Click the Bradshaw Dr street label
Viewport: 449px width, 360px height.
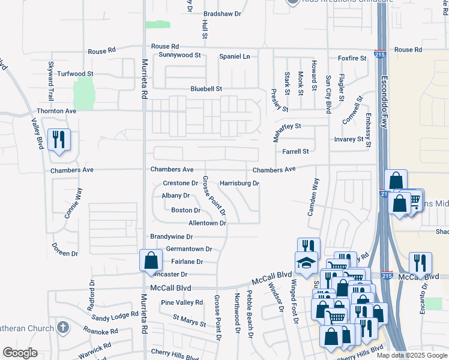pos(222,13)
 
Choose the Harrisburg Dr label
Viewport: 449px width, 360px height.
pos(239,183)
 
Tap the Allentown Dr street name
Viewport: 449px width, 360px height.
pos(207,223)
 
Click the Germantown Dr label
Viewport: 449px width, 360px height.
pos(189,249)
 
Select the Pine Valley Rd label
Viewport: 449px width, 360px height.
pos(182,302)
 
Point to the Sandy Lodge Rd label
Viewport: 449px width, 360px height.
pos(115,316)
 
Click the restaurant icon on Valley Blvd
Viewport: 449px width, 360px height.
pos(59,140)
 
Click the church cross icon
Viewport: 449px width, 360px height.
pos(63,328)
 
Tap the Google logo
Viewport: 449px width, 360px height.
pos(19,353)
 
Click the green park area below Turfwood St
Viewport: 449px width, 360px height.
pos(84,94)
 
